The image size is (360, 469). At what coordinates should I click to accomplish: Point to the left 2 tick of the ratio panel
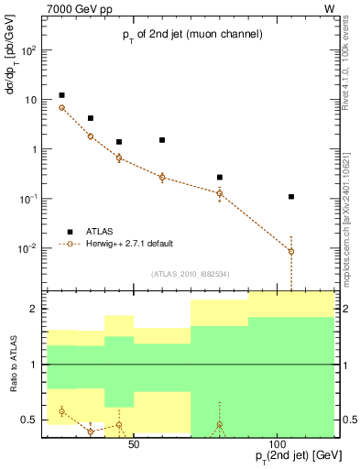[35, 310]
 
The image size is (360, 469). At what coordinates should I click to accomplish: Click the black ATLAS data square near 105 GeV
[291, 196]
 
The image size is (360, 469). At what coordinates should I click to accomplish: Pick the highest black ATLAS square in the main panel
[61, 95]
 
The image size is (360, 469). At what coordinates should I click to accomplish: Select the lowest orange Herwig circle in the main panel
[291, 251]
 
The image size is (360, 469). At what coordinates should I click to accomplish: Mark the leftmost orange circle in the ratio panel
[61, 411]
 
